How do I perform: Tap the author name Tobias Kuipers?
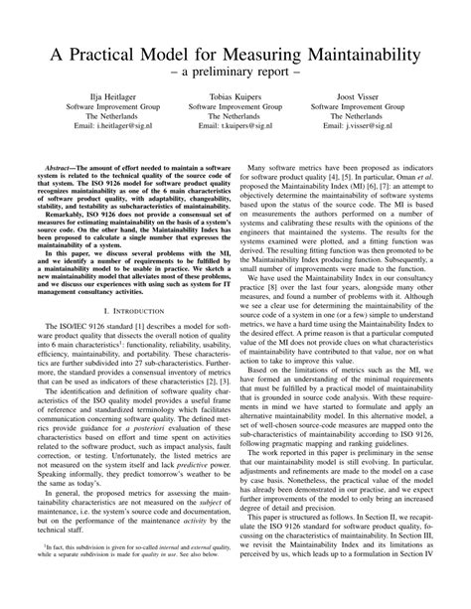pos(235,94)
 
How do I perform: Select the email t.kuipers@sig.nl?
pos(235,127)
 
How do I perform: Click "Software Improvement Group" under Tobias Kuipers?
pos(235,105)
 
